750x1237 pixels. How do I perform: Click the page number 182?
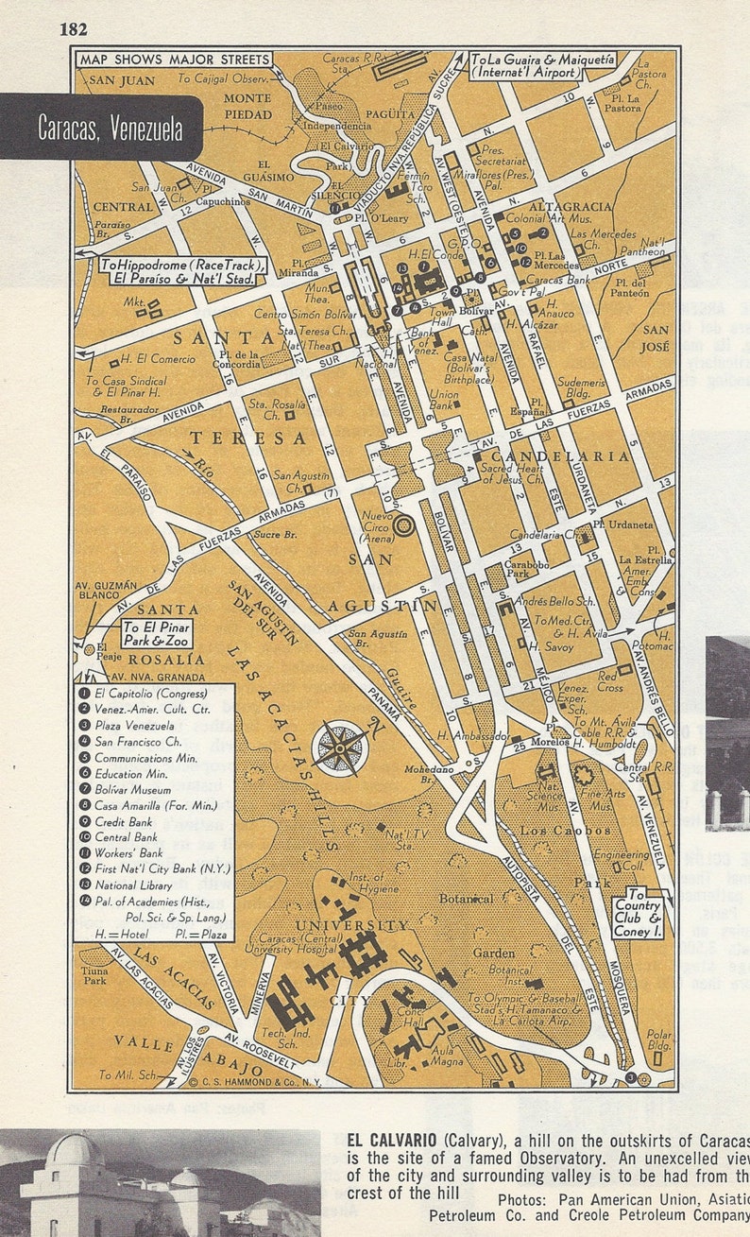point(73,28)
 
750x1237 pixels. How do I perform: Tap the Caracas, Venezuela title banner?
point(111,128)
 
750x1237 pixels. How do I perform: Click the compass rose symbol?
point(339,748)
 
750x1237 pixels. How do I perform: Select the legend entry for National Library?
point(134,885)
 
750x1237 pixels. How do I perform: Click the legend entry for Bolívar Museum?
point(131,788)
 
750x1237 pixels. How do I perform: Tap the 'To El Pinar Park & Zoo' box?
point(156,634)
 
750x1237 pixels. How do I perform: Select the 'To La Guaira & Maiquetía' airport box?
point(544,64)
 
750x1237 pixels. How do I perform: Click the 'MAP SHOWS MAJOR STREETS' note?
point(175,59)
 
